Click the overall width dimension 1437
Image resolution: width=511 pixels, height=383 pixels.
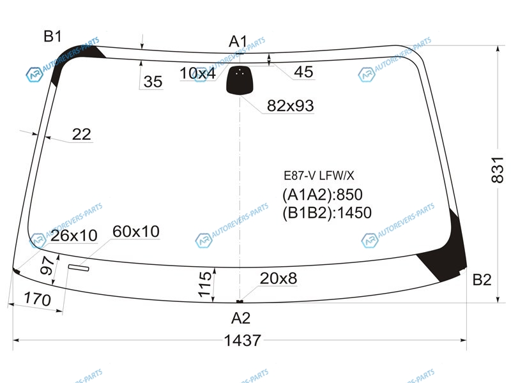coord(243,340)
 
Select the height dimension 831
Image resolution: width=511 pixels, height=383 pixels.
coord(498,169)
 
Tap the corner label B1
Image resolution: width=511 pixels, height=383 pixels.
coord(52,36)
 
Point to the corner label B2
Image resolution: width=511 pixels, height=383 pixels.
coord(482,280)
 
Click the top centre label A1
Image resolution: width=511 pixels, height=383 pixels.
coord(238,41)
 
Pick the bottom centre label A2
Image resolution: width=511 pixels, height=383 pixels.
coord(241,318)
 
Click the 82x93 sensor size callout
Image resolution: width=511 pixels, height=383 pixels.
coord(291,105)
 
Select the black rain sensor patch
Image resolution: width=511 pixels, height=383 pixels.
coord(240,80)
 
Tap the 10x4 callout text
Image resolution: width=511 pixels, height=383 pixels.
coord(197,73)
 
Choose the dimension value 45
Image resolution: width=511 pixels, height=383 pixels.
coord(303,72)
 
